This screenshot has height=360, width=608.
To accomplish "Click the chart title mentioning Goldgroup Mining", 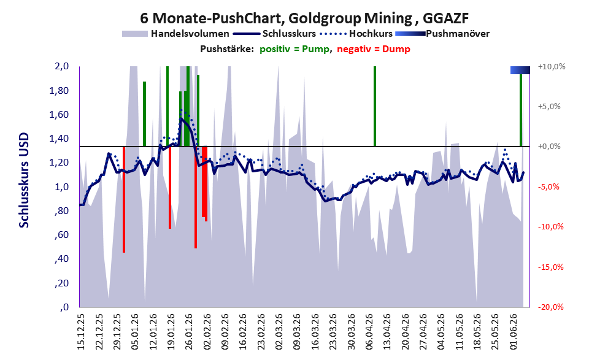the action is (x=304, y=18).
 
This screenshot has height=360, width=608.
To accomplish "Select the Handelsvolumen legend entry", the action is (x=175, y=34).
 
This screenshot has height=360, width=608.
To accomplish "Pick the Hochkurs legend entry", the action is (x=356, y=34).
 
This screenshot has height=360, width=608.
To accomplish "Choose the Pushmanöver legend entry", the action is (x=442, y=34).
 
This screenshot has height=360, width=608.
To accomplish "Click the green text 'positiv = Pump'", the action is (x=294, y=49).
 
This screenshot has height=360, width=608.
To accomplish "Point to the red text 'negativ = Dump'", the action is (x=374, y=49).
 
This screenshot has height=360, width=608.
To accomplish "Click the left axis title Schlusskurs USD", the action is (x=24, y=180).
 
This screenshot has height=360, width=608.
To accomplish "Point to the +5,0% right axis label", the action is (x=549, y=107).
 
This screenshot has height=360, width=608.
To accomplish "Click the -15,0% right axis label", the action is (x=550, y=267).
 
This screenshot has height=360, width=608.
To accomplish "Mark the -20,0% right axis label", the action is (x=550, y=307).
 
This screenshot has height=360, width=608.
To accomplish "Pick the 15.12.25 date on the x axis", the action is (x=81, y=331).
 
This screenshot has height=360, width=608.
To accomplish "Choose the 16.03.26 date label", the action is (x=315, y=331).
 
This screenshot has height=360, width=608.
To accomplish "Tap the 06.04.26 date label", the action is (x=369, y=331).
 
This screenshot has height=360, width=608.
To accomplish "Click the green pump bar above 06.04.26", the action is (x=375, y=106).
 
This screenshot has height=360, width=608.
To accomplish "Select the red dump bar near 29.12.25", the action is (x=124, y=199).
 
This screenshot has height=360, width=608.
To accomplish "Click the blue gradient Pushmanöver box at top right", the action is (x=520, y=70).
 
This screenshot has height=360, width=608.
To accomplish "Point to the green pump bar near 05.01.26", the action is (x=144, y=114).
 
